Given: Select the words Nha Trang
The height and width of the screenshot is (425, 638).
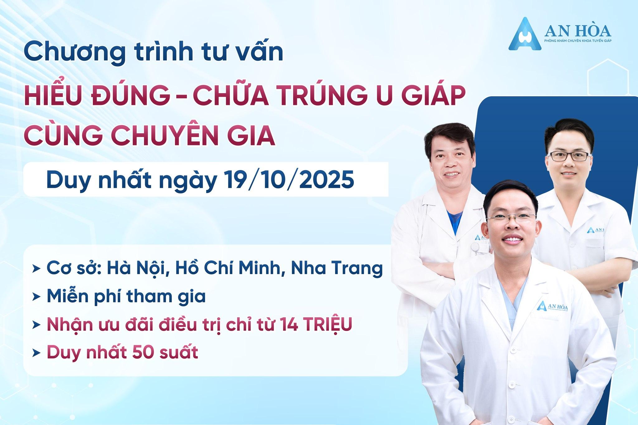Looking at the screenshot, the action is (337, 269).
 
